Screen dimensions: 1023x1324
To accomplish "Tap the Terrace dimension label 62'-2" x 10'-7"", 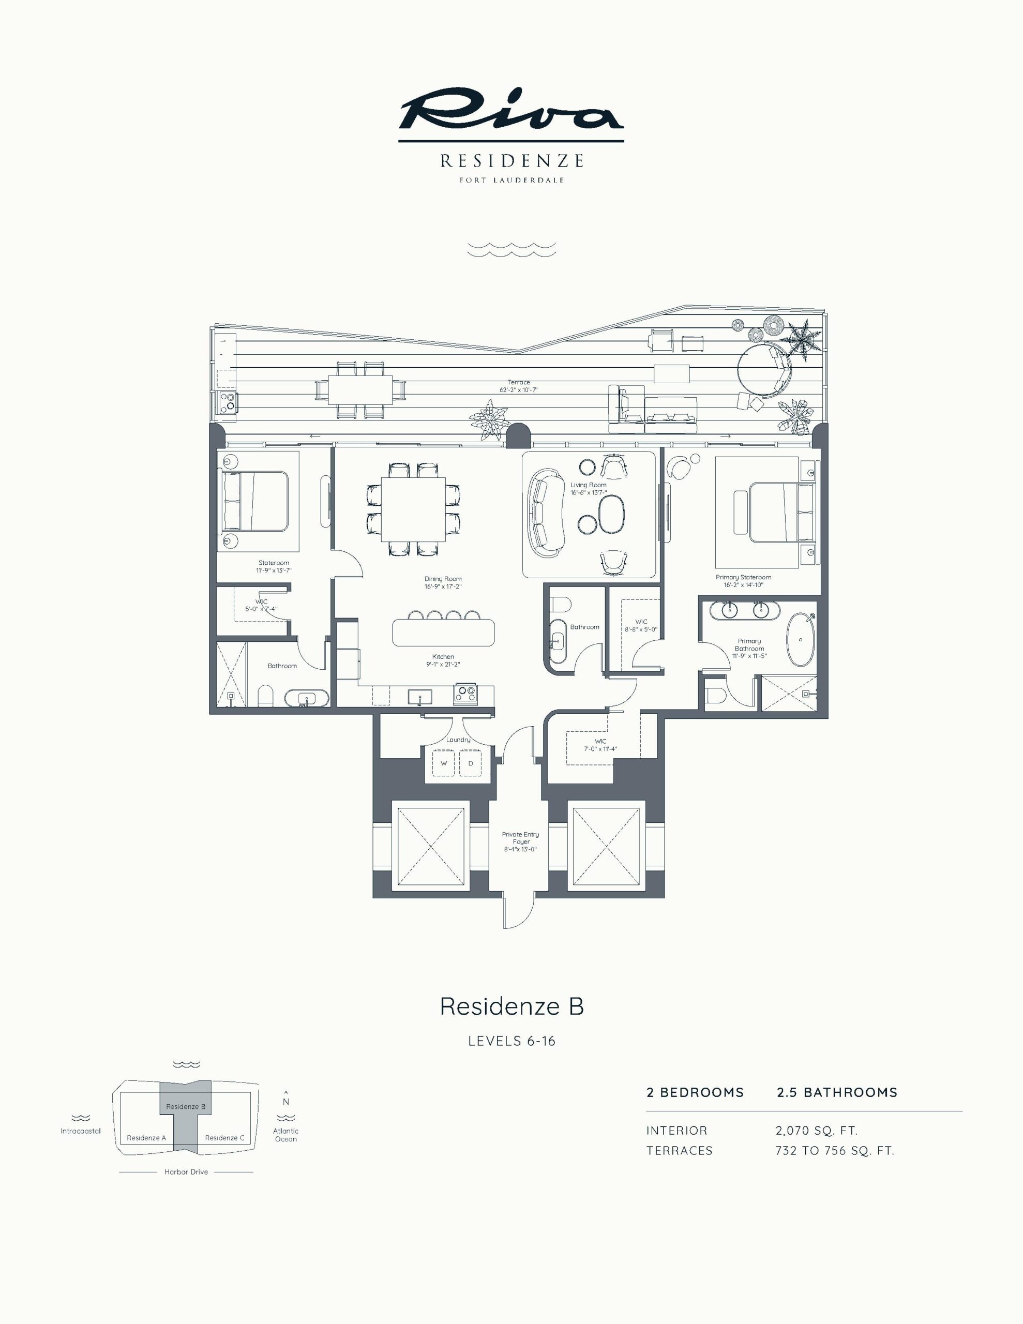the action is click(518, 390).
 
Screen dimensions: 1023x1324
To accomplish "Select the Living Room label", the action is click(588, 485).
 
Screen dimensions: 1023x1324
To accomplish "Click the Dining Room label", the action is click(443, 579).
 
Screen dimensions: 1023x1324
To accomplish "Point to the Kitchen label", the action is click(443, 656).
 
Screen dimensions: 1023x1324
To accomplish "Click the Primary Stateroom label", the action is click(743, 577).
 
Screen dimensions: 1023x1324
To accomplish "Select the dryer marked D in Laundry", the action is click(471, 763).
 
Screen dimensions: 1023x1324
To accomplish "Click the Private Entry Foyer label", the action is click(520, 838).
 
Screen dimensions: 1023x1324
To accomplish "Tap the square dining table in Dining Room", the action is click(413, 510).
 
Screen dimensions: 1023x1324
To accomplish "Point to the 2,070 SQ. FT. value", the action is click(816, 1131).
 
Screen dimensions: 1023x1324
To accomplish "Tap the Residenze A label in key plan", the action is click(146, 1138).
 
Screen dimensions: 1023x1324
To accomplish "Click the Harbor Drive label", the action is click(186, 1172).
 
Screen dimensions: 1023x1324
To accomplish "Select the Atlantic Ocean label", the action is click(285, 1135).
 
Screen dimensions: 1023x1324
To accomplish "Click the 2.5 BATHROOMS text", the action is click(837, 1092).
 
